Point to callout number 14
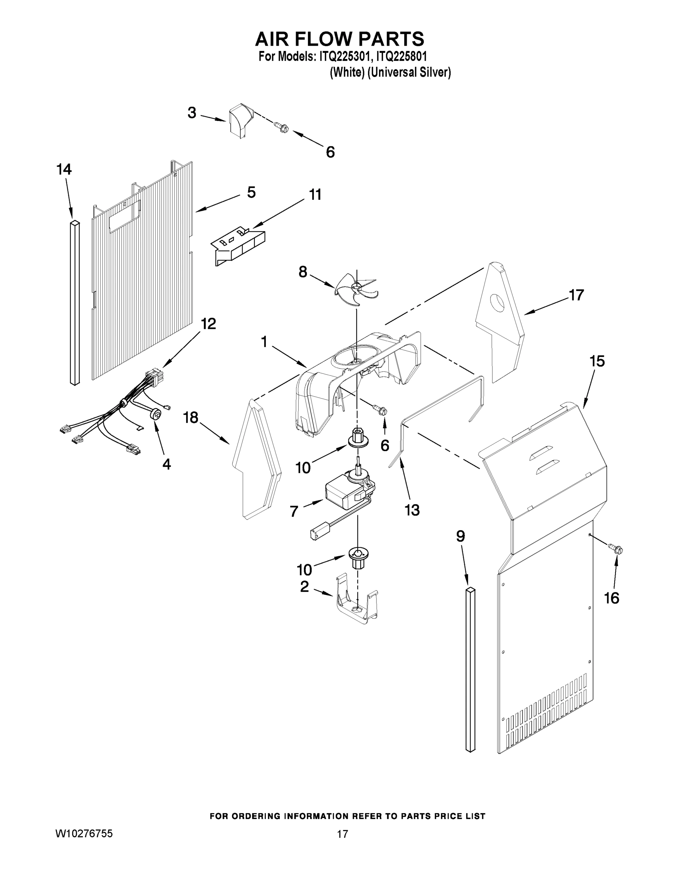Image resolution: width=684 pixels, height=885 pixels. [64, 169]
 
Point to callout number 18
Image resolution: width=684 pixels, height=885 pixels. [190, 417]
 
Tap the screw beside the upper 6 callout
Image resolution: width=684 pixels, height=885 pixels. [281, 128]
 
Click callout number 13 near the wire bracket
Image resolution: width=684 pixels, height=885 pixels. [412, 510]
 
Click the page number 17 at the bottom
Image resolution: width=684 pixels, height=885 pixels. [342, 834]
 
